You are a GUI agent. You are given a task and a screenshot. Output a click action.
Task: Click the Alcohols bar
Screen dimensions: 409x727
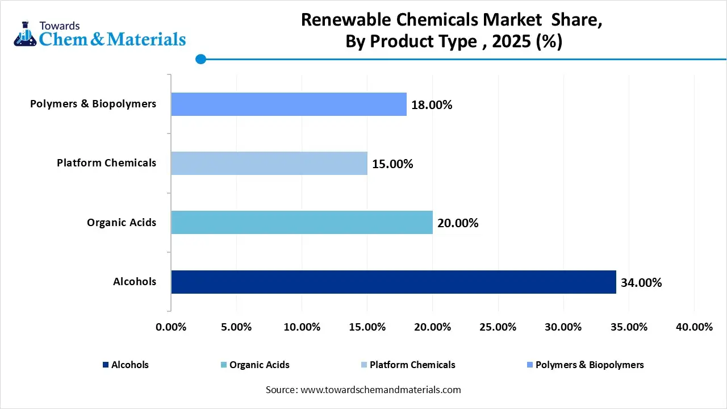click(x=393, y=282)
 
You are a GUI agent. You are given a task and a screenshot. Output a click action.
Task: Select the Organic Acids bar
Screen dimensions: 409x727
click(x=302, y=222)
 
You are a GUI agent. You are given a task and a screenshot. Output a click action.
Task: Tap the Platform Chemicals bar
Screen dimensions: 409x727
click(x=269, y=163)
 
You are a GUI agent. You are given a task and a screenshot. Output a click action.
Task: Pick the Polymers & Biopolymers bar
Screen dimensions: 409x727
click(x=289, y=104)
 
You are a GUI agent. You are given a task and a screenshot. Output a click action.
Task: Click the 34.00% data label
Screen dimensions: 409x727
click(x=641, y=282)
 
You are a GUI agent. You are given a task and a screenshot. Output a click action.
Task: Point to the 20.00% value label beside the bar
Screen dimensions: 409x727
click(x=458, y=223)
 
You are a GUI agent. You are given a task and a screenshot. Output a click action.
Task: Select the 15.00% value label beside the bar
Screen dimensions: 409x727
click(x=392, y=164)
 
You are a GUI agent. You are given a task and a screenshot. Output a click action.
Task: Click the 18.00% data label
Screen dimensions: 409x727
click(x=432, y=105)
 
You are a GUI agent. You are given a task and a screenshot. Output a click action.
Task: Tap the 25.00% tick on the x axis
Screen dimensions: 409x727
click(x=498, y=327)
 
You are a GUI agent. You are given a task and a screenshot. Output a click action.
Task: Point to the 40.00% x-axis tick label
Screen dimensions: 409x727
click(x=693, y=327)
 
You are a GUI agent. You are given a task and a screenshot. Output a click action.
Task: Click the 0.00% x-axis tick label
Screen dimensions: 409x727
click(x=171, y=327)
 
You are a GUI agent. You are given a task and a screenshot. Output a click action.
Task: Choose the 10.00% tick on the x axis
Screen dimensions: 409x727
click(x=302, y=327)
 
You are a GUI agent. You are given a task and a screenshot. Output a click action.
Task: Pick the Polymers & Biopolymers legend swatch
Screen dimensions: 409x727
click(x=530, y=365)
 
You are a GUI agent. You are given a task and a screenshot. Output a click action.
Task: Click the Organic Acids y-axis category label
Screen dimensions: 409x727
click(x=121, y=222)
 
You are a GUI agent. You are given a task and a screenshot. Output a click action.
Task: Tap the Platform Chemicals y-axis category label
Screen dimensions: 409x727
click(x=106, y=163)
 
